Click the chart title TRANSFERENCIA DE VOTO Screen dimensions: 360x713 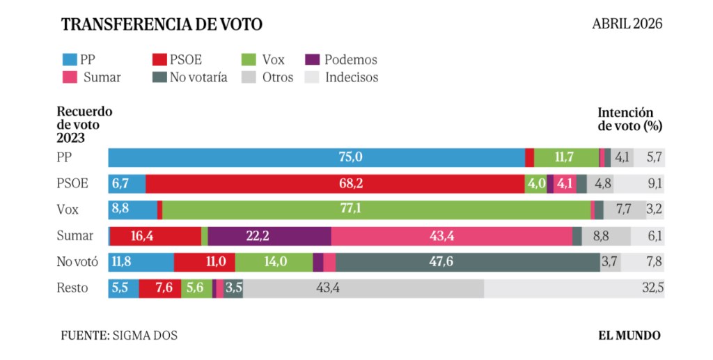(162, 24)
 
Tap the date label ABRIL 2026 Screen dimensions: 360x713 (627, 24)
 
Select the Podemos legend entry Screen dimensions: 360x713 (342, 60)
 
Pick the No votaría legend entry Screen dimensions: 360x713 (190, 77)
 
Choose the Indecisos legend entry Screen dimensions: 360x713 (342, 77)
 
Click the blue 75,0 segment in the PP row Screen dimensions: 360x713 (316, 157)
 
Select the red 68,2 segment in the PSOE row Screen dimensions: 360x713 (334, 184)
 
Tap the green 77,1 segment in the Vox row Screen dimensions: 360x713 (376, 210)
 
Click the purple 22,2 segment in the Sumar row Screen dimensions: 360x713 (269, 236)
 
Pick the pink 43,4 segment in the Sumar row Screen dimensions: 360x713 (451, 236)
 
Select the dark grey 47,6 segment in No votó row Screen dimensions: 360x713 (467, 262)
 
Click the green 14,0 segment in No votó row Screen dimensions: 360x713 (274, 262)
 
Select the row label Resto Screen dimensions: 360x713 (72, 288)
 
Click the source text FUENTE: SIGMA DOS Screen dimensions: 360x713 (119, 336)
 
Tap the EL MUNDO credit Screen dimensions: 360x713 (629, 336)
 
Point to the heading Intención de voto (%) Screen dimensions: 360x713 (629, 119)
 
